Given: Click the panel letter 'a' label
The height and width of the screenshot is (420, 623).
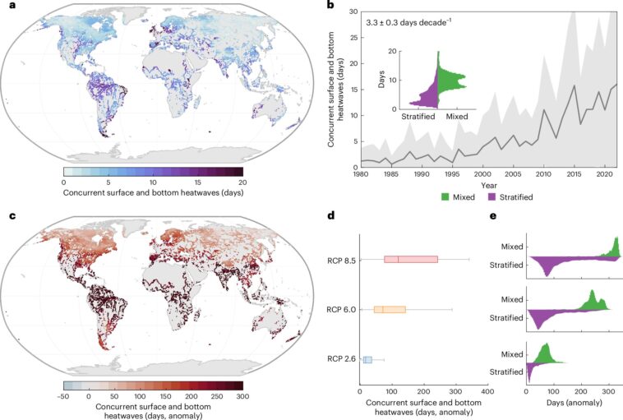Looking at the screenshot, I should click(x=7, y=7).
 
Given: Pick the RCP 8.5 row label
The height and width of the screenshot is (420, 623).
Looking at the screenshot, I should click(x=340, y=260).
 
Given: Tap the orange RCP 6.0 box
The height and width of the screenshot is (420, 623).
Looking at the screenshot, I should click(x=390, y=310).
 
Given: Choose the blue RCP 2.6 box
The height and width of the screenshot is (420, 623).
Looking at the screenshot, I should click(x=367, y=359).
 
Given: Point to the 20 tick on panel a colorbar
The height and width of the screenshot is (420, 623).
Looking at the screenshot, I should click(x=241, y=182).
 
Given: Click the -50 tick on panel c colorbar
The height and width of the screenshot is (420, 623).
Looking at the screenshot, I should click(x=63, y=395).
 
